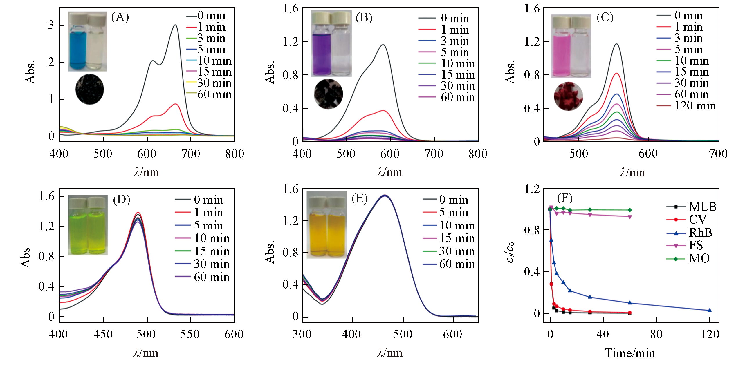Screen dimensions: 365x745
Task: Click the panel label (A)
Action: [x=120, y=17]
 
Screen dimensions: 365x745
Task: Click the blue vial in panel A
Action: [x=77, y=46]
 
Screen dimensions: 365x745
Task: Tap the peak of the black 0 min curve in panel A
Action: [x=175, y=25]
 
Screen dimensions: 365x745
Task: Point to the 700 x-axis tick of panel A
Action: [x=191, y=154]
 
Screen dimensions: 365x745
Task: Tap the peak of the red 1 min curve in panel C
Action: [x=616, y=74]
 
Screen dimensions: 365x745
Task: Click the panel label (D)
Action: [x=122, y=200]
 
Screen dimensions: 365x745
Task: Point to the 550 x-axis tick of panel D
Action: [x=190, y=334]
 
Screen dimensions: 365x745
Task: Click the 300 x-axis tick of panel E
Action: [x=302, y=334]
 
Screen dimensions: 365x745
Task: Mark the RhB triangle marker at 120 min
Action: [x=709, y=310]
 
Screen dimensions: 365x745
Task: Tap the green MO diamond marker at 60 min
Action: [x=629, y=210]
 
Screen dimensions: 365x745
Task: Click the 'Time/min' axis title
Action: [x=630, y=353]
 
